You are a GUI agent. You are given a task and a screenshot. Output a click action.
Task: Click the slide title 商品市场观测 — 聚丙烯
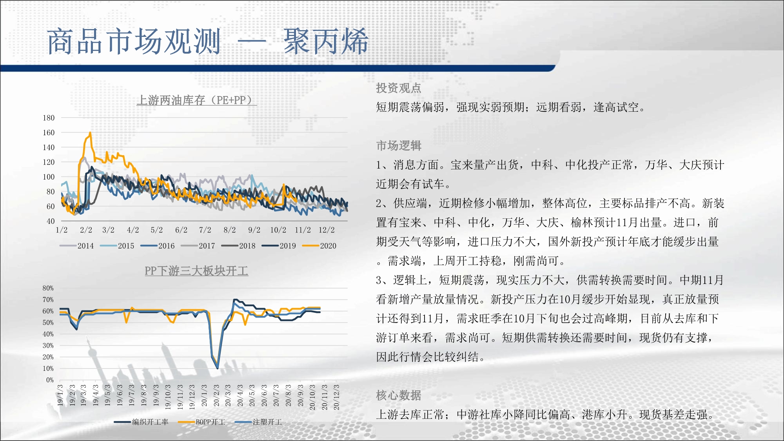(208, 41)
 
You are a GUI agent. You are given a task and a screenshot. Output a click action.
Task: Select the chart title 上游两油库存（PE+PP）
(196, 100)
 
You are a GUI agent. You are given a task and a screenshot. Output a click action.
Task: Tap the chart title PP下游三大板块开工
(196, 271)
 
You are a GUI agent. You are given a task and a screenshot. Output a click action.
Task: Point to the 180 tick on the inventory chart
(49, 118)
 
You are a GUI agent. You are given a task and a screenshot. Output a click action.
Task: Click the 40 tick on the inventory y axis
(51, 221)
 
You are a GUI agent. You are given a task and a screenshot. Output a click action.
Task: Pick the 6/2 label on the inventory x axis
(181, 230)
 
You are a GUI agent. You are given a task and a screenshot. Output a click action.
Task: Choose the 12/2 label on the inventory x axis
(327, 230)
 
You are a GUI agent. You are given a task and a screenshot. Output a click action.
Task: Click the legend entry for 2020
(319, 246)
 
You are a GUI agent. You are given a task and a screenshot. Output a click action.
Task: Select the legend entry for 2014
(77, 246)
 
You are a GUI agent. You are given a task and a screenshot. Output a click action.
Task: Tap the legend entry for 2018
(238, 246)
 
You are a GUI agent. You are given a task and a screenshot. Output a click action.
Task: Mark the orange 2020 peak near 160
(91, 132)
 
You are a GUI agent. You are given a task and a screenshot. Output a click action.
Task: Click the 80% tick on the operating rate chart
(48, 288)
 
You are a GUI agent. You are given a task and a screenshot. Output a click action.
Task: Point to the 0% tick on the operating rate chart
(50, 380)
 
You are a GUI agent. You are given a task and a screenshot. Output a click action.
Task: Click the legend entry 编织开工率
(141, 422)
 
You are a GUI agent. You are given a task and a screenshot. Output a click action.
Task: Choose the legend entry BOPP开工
(201, 422)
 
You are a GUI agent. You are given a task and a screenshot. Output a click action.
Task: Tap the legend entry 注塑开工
(258, 422)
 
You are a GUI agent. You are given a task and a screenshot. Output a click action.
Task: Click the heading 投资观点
(399, 88)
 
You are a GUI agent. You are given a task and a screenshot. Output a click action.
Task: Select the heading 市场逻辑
(399, 145)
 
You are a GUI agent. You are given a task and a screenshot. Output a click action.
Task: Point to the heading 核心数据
(399, 395)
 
